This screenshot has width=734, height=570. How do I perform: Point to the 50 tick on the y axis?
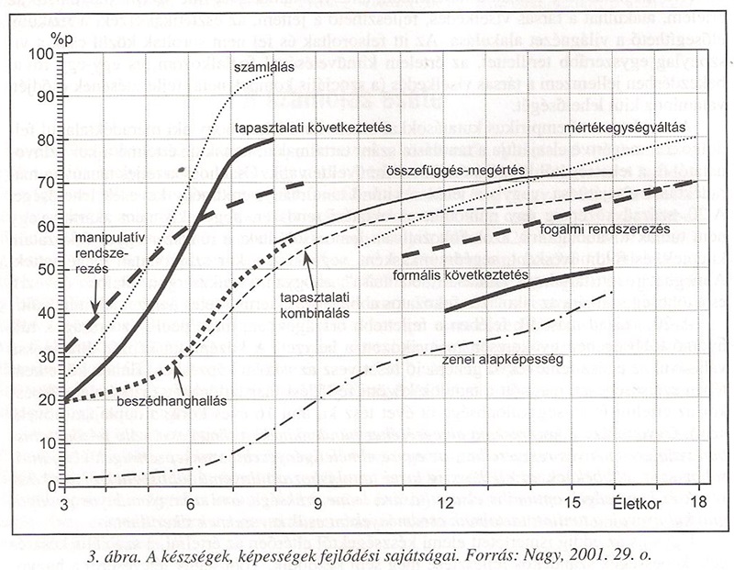pos(45,267)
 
